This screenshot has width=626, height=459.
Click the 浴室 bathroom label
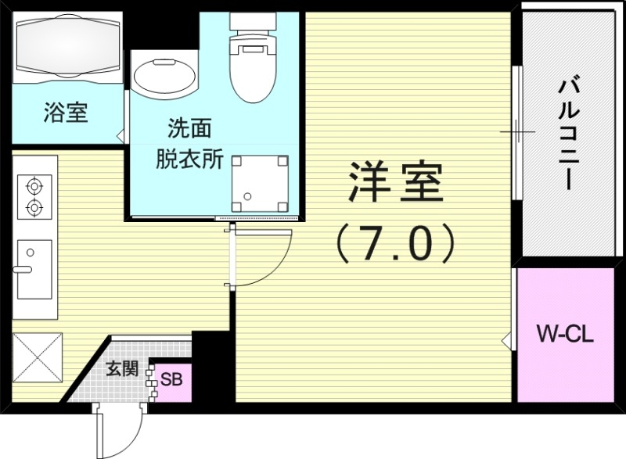coord(65,114)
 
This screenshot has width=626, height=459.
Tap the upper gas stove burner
coord(34,187)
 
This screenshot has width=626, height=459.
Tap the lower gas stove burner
coord(34,208)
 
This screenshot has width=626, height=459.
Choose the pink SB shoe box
coord(171,381)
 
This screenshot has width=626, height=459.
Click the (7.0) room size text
coord(395,242)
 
